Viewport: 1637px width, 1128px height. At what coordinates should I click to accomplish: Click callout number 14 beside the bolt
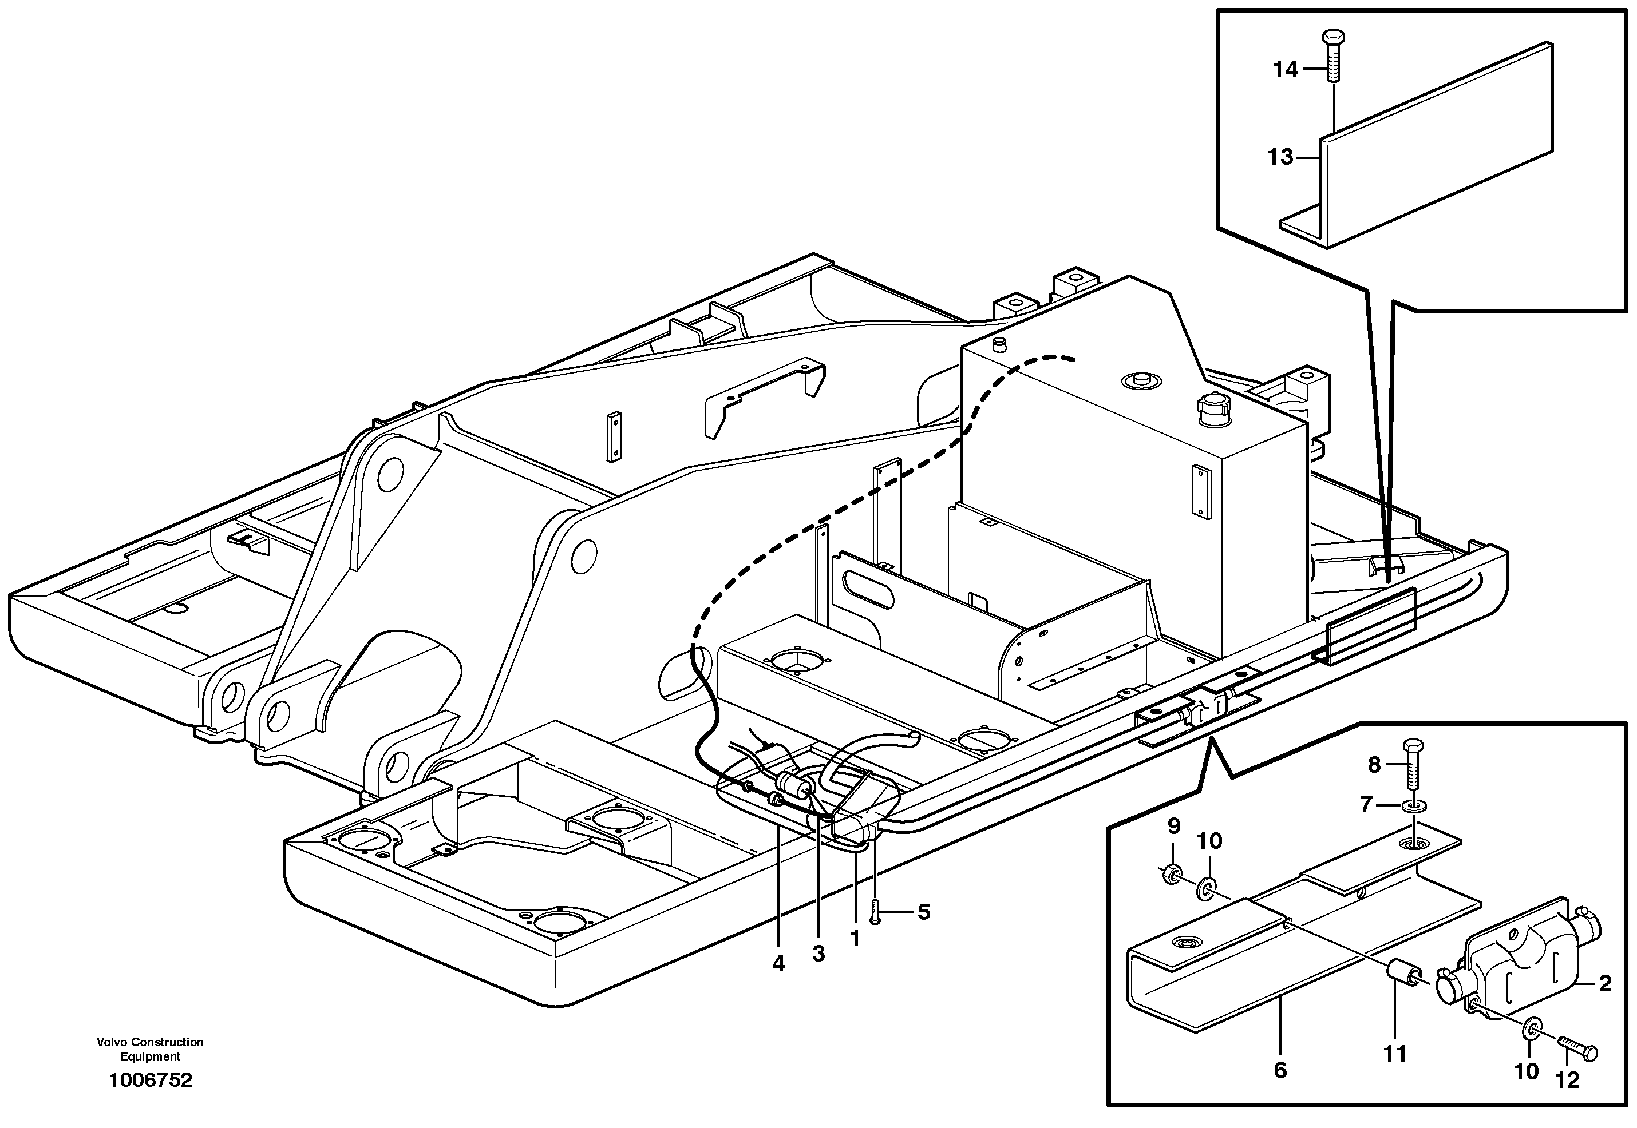1286,69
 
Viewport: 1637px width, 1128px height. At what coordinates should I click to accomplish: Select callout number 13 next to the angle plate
1280,157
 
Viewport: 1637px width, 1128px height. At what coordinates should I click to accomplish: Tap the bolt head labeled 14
1332,38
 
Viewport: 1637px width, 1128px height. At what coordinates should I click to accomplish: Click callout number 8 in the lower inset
1373,764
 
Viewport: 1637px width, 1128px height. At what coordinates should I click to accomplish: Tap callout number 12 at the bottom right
1568,1080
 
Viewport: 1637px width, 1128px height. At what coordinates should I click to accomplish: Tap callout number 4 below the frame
778,963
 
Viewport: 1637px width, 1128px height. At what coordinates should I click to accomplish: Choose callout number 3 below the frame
818,954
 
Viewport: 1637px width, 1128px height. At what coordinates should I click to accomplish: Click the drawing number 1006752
150,1080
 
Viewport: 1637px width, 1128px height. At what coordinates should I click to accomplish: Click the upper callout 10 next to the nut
1209,840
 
